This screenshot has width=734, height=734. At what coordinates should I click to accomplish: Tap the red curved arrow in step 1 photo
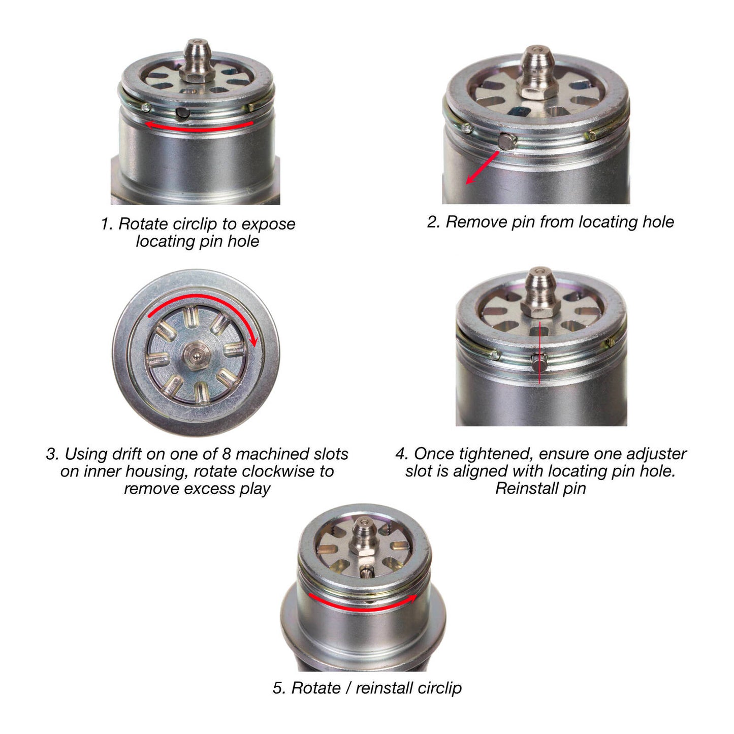pyautogui.click(x=198, y=127)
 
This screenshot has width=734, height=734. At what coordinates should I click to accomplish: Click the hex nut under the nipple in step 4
pyautogui.click(x=540, y=306)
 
